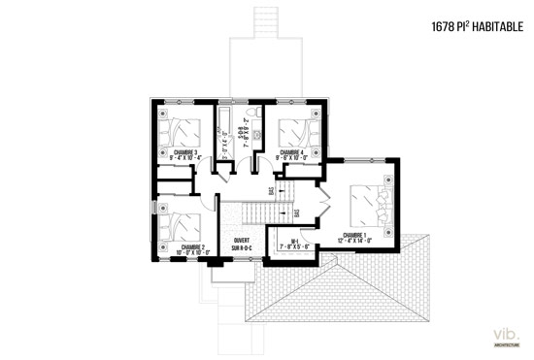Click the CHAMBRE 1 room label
click(353, 234)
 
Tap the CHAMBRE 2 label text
click(191, 246)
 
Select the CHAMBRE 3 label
click(184, 152)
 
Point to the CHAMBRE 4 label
click(292, 152)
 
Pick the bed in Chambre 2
click(181, 225)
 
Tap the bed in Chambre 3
click(181, 130)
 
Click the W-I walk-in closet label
click(293, 241)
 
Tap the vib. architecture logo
click(507, 335)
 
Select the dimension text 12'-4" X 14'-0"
click(353, 240)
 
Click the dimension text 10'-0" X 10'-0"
click(191, 252)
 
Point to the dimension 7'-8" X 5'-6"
click(293, 246)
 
